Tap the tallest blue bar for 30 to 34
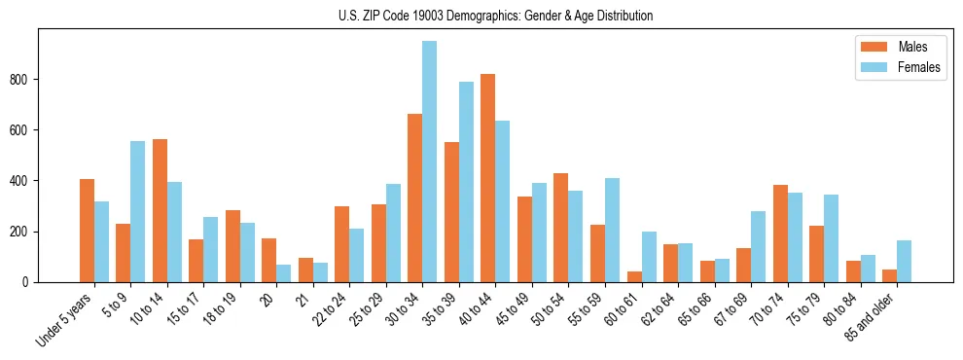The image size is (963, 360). click(429, 162)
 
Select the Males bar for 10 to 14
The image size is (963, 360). click(160, 210)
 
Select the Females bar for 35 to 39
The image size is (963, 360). click(466, 182)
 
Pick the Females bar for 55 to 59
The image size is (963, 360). click(612, 230)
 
